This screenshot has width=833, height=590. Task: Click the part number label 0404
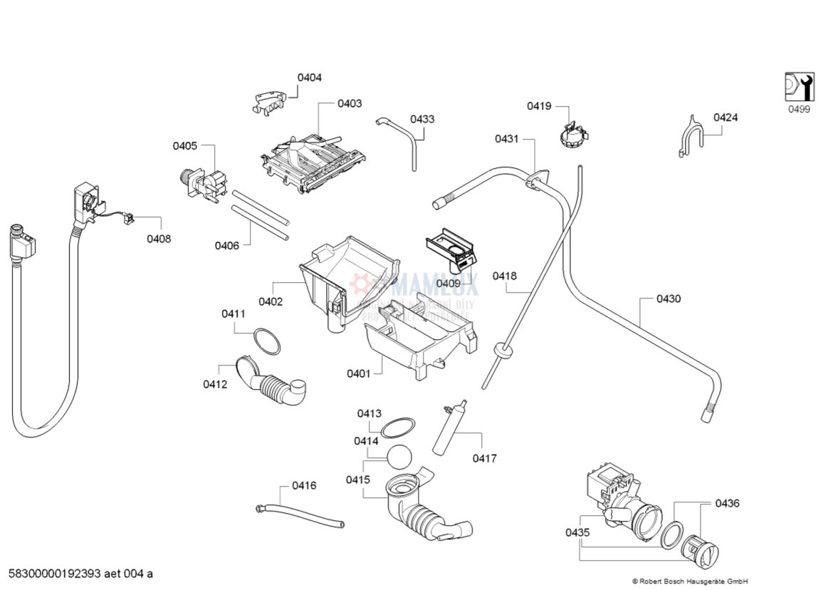[x=309, y=77]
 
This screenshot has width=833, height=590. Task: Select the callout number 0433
[x=422, y=119]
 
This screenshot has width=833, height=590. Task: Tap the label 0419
[x=539, y=106]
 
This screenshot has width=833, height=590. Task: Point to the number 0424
[x=725, y=117]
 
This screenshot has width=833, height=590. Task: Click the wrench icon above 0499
[x=799, y=87]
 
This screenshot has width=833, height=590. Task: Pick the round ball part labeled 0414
[x=400, y=456]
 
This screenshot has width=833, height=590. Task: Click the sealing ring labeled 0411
[x=267, y=341]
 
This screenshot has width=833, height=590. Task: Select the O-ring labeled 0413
[x=397, y=428]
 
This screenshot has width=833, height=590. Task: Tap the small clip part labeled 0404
[x=269, y=102]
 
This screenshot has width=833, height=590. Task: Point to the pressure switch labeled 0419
[x=573, y=135]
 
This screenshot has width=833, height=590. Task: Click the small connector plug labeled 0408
[x=129, y=219]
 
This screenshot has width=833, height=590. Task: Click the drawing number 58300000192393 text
[x=80, y=573]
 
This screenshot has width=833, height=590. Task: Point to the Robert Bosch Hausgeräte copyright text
[x=689, y=581]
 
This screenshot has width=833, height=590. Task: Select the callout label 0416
[x=304, y=485]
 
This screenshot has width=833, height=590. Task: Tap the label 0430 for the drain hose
[x=668, y=299]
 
